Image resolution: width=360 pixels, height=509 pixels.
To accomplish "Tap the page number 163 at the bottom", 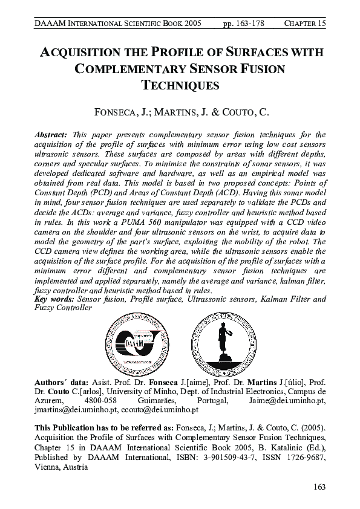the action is pyautogui.click(x=318, y=487).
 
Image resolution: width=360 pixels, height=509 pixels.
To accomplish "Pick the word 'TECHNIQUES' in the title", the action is pyautogui.click(x=180, y=85).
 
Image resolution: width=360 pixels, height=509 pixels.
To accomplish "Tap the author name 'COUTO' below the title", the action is pyautogui.click(x=229, y=113).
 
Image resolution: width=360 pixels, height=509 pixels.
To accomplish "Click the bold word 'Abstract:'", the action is pyautogui.click(x=53, y=135).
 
